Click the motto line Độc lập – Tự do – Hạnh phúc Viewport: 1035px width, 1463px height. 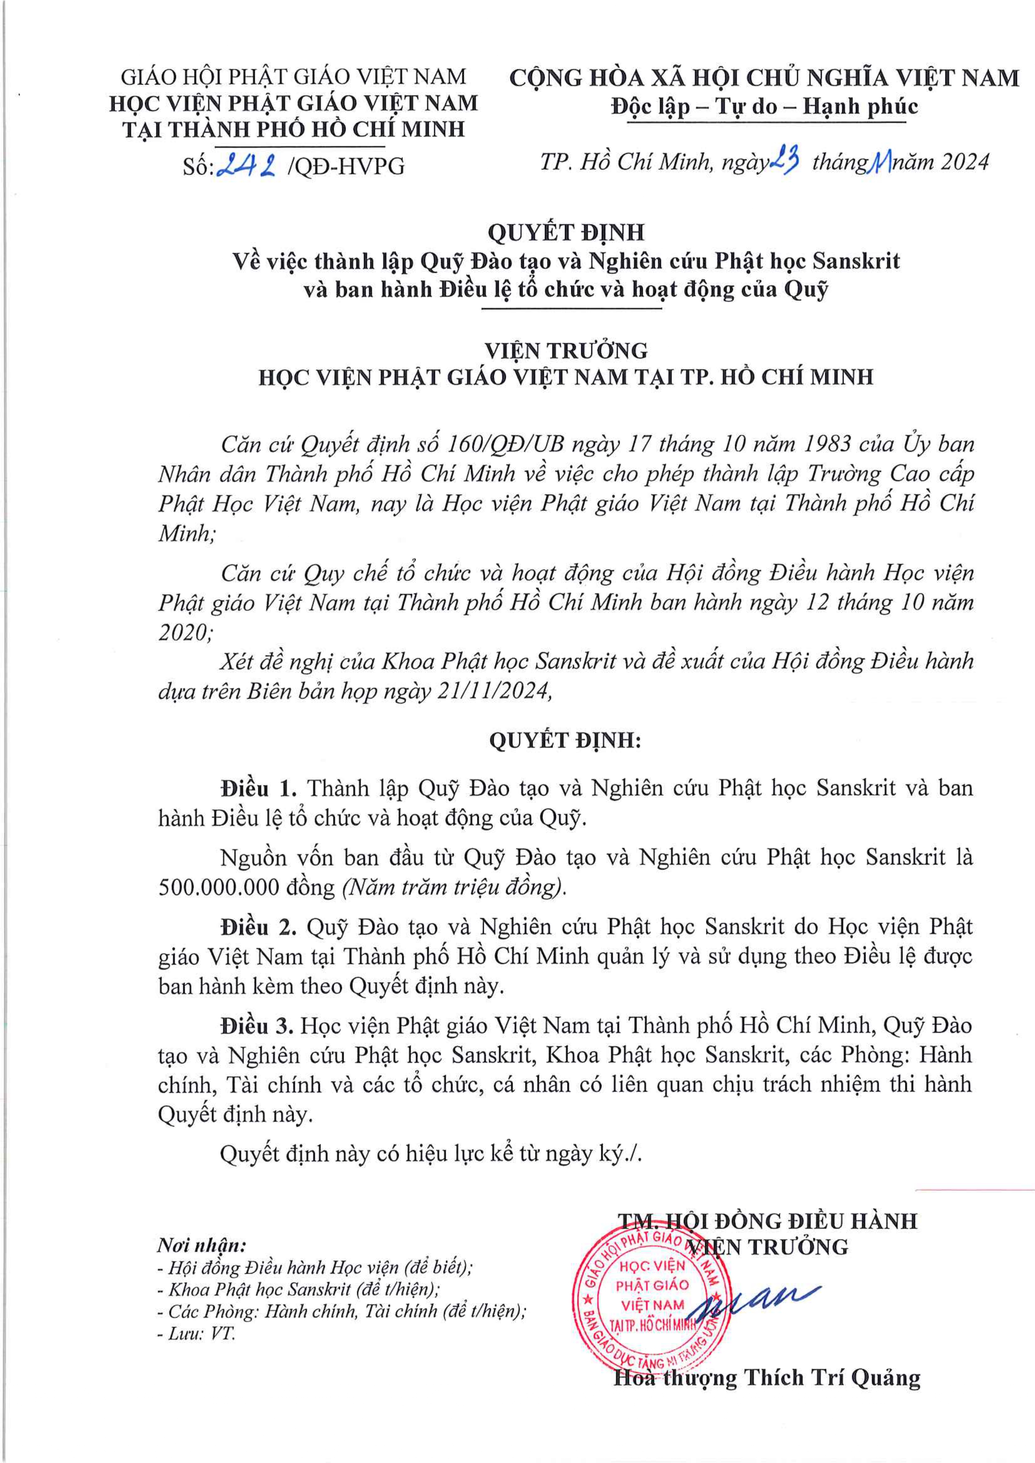point(764,106)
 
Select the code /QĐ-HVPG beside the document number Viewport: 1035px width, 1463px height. point(346,166)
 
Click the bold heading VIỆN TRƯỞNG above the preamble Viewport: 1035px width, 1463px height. point(565,351)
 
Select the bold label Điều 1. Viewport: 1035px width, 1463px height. point(259,788)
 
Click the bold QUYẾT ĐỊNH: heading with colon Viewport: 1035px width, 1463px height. point(565,740)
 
